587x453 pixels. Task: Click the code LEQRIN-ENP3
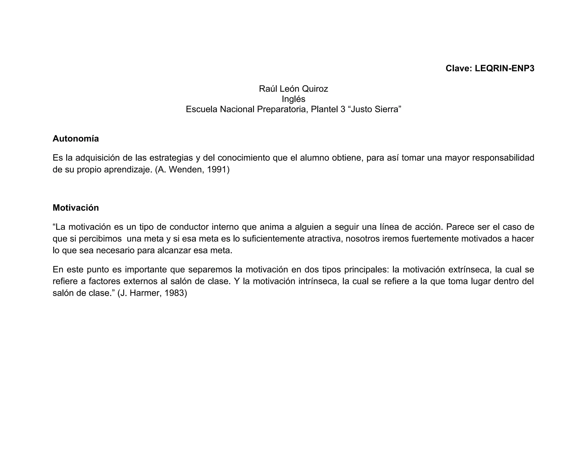pos(504,68)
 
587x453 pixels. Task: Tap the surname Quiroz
pos(315,89)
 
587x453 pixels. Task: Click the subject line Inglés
pos(293,99)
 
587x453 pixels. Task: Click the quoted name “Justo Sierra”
pos(375,109)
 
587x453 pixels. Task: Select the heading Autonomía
pos(76,139)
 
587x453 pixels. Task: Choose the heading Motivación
pos(76,208)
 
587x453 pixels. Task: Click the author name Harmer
pos(145,293)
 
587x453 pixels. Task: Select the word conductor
pos(189,227)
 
